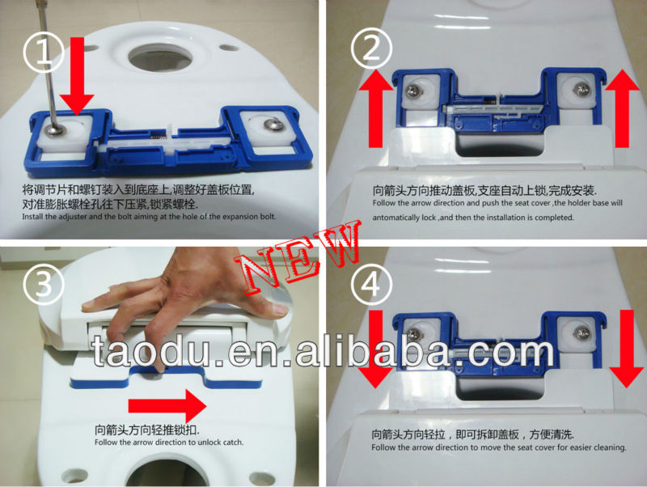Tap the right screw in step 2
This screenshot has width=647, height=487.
tap(579, 87)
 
